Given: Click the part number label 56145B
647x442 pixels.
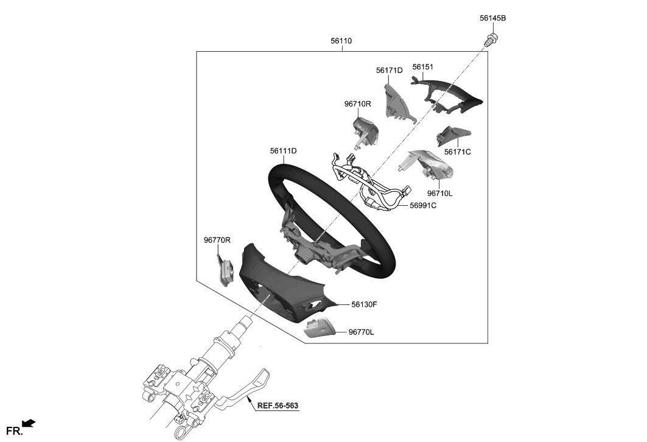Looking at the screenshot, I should point(492,18).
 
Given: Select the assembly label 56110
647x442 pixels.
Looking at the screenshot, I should point(341,41).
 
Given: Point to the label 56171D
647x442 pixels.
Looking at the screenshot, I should point(389,71).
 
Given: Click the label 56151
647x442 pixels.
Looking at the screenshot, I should point(422,67).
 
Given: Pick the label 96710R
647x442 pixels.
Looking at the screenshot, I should point(357,104).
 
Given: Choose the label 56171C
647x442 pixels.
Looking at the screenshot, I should point(457,152).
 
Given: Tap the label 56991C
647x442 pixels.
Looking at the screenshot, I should point(422,206).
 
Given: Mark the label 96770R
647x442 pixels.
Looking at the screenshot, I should point(217,240).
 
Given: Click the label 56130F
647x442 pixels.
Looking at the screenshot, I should point(363,304).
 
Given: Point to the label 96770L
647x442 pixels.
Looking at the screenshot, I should point(362,332).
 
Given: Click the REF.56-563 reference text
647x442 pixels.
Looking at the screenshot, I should point(277,405).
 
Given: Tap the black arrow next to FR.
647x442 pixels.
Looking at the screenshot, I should point(29,423).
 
